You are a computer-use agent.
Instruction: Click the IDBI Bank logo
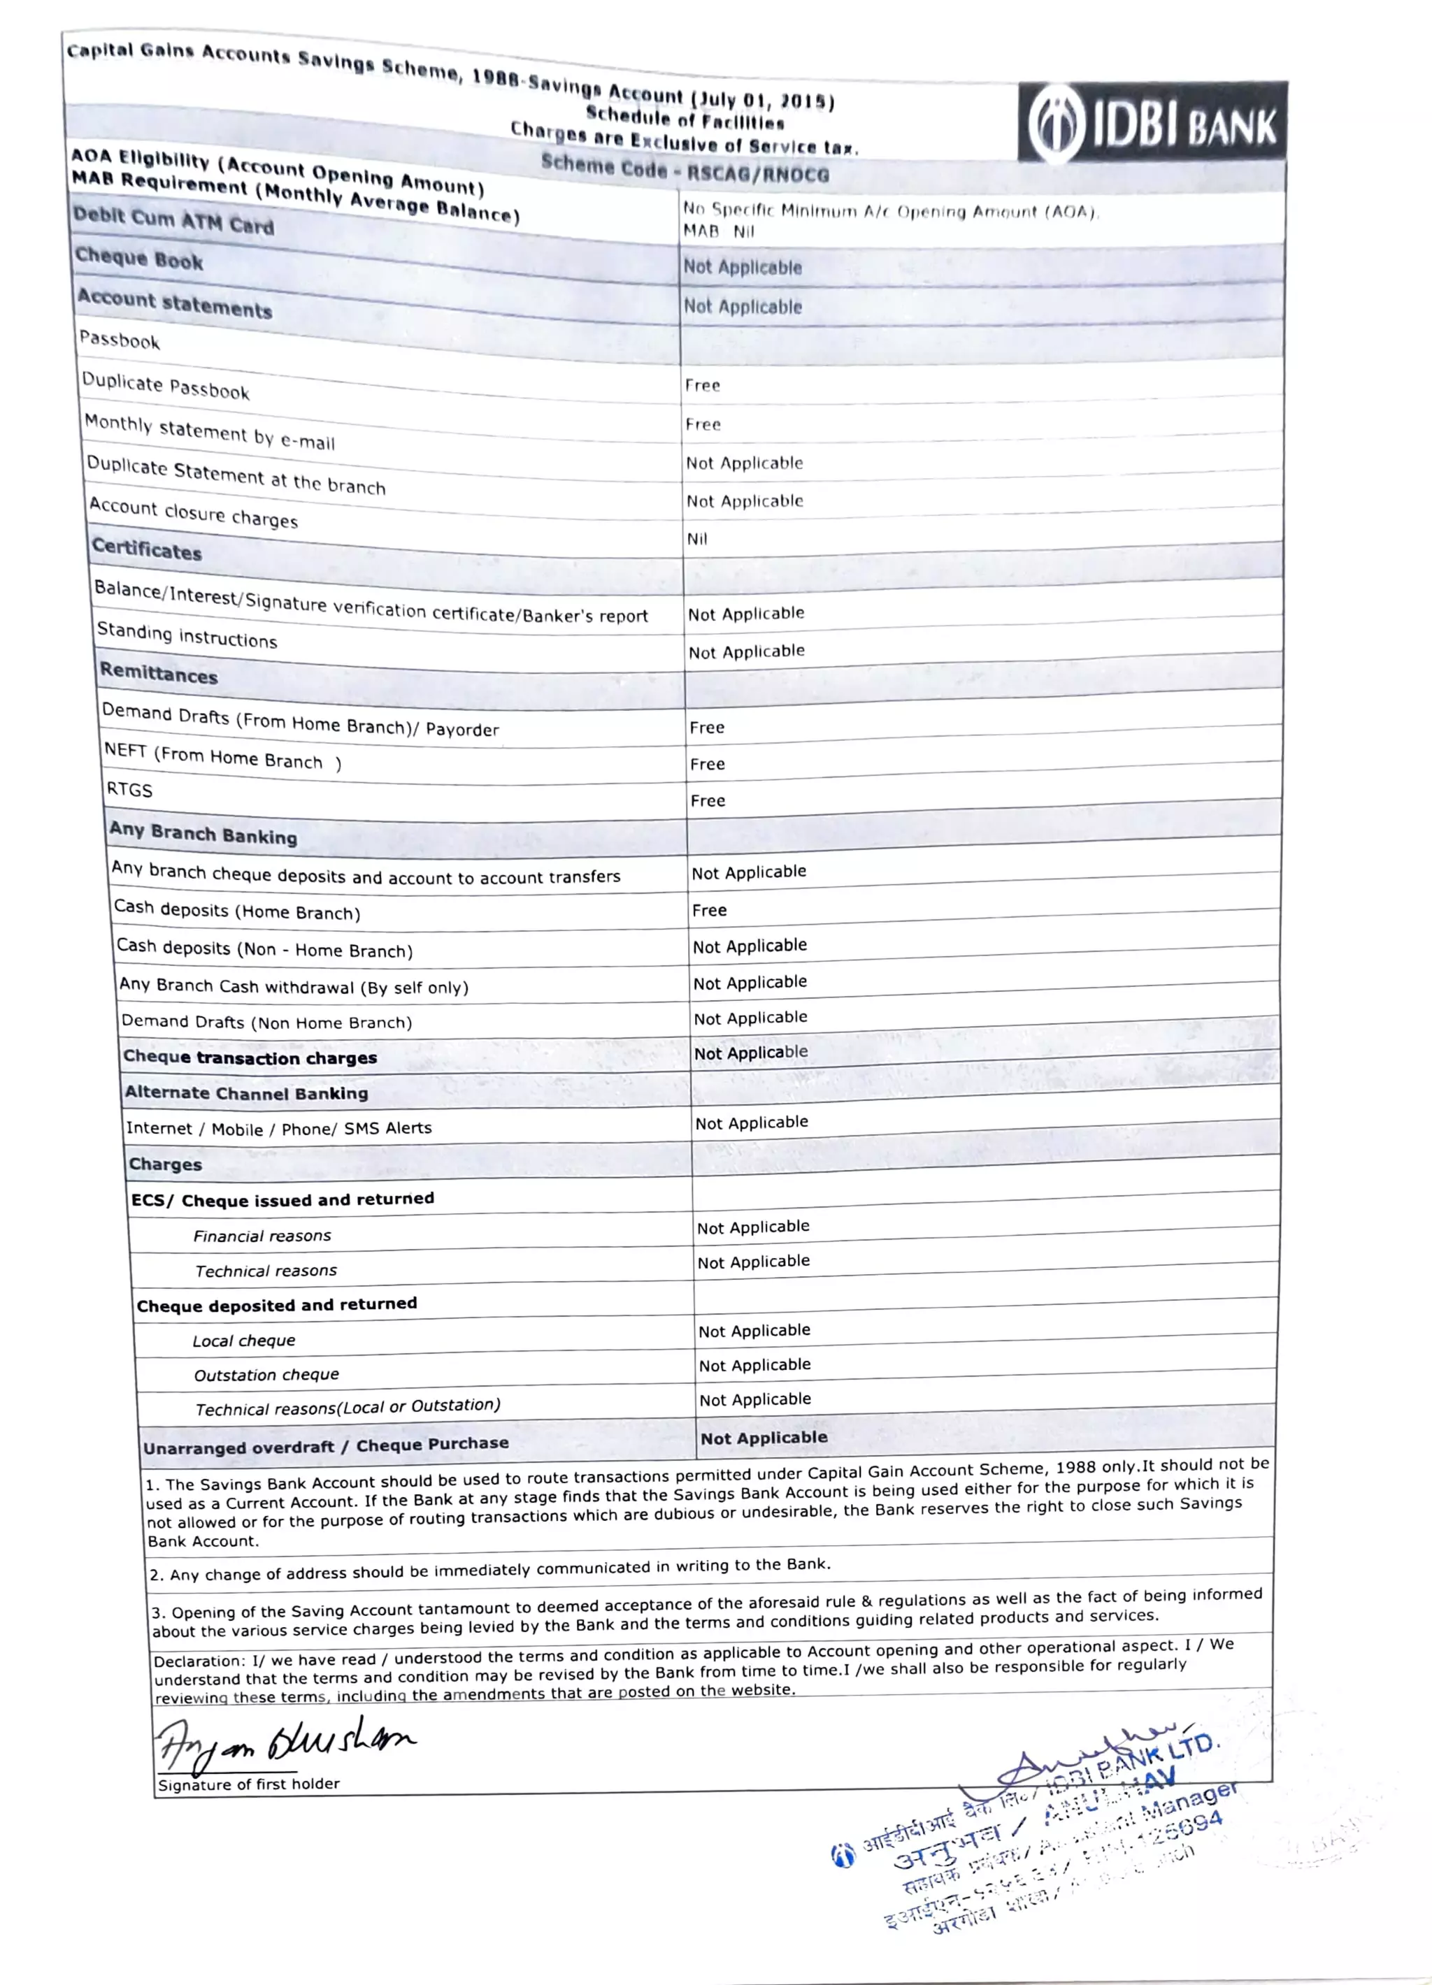click(1152, 122)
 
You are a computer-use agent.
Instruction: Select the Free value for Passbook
click(702, 385)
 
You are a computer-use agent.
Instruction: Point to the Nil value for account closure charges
click(696, 539)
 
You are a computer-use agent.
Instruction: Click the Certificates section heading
click(147, 549)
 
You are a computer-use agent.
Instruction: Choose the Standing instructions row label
click(187, 635)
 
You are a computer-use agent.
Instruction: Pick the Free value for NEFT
click(706, 764)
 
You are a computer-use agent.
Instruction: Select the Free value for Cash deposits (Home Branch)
click(709, 910)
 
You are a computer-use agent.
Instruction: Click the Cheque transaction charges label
click(250, 1058)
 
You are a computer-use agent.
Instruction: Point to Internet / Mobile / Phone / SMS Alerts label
click(278, 1128)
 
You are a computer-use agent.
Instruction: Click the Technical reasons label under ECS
click(265, 1271)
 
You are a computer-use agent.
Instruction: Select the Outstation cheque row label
click(266, 1375)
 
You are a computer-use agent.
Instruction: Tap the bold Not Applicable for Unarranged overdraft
click(764, 1438)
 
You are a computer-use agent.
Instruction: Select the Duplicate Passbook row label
click(166, 386)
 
